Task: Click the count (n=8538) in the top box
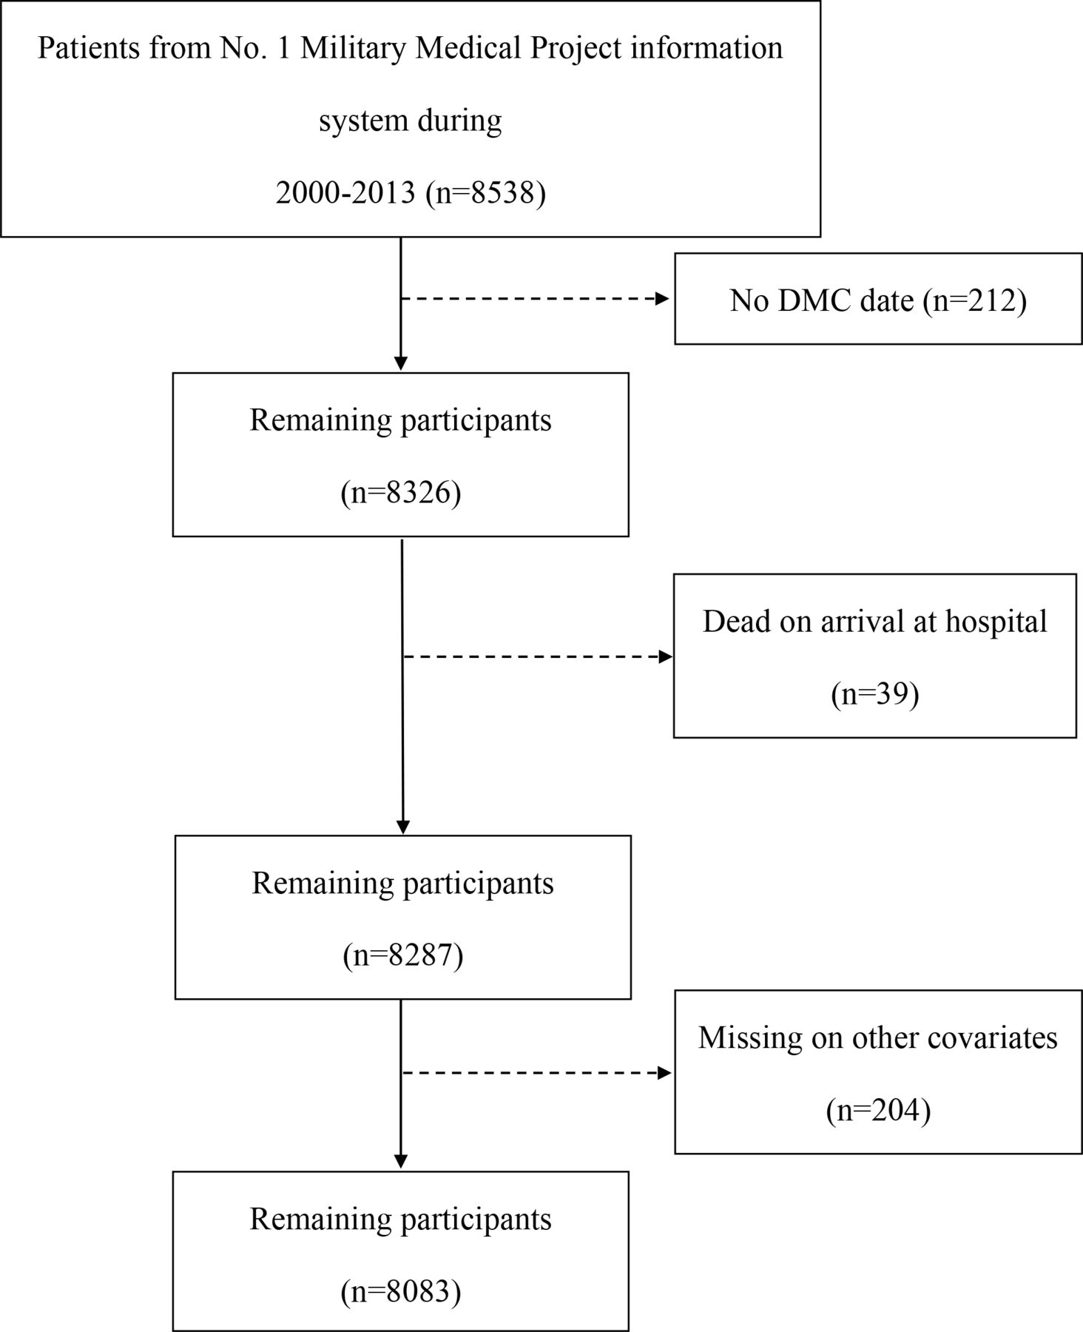pyautogui.click(x=486, y=194)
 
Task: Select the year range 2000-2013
pyautogui.click(x=345, y=194)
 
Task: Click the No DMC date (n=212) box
pyautogui.click(x=878, y=299)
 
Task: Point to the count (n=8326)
pyautogui.click(x=401, y=493)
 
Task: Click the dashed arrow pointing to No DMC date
pyautogui.click(x=535, y=299)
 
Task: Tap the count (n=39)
pyautogui.click(x=875, y=694)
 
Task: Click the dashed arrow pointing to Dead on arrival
pyautogui.click(x=538, y=656)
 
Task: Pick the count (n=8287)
pyautogui.click(x=403, y=955)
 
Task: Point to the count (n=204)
pyautogui.click(x=878, y=1110)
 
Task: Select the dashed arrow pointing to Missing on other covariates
pyautogui.click(x=536, y=1073)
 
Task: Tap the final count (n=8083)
pyautogui.click(x=401, y=1291)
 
